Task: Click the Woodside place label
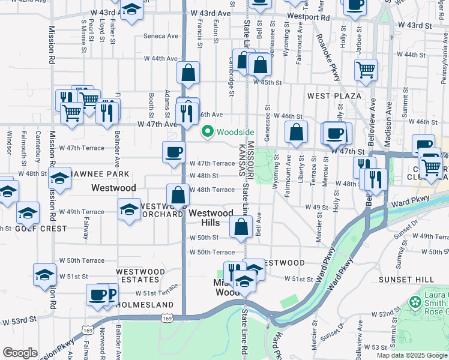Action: click(x=235, y=132)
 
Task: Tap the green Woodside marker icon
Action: click(x=208, y=131)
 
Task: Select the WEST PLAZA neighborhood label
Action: click(x=334, y=96)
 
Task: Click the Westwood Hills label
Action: click(x=211, y=218)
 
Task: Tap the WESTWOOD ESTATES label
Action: click(x=140, y=276)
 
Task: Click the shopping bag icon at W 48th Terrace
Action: click(x=178, y=194)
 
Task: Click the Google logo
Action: click(x=20, y=353)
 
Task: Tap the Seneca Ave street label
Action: click(x=164, y=36)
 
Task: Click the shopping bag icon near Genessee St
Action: click(x=296, y=133)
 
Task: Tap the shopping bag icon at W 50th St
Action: click(x=241, y=227)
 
